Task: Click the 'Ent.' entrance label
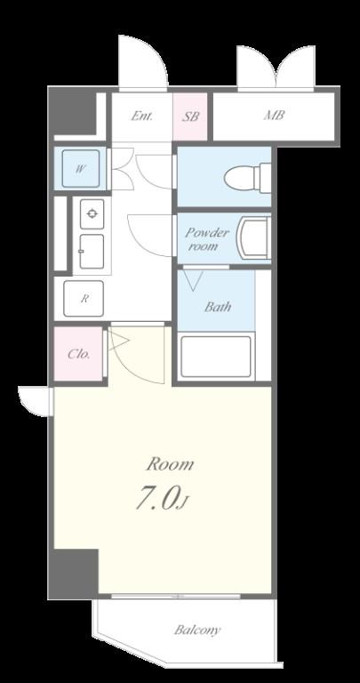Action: [142, 117]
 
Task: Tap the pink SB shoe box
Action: [190, 117]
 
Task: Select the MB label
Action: [275, 116]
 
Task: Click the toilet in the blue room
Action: [248, 177]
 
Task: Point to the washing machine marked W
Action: [80, 169]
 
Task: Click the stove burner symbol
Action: [92, 213]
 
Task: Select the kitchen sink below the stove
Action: [92, 252]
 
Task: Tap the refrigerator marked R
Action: [84, 299]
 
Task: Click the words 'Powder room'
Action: [207, 238]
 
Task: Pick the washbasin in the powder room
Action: [253, 237]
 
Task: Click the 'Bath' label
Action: [218, 307]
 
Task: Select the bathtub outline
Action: [216, 357]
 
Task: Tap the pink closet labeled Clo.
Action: [78, 354]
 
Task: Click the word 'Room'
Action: [170, 464]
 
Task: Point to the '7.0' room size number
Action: [156, 498]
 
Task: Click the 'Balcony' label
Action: [197, 630]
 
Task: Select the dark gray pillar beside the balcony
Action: [73, 574]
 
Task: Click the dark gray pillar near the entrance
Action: [72, 112]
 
